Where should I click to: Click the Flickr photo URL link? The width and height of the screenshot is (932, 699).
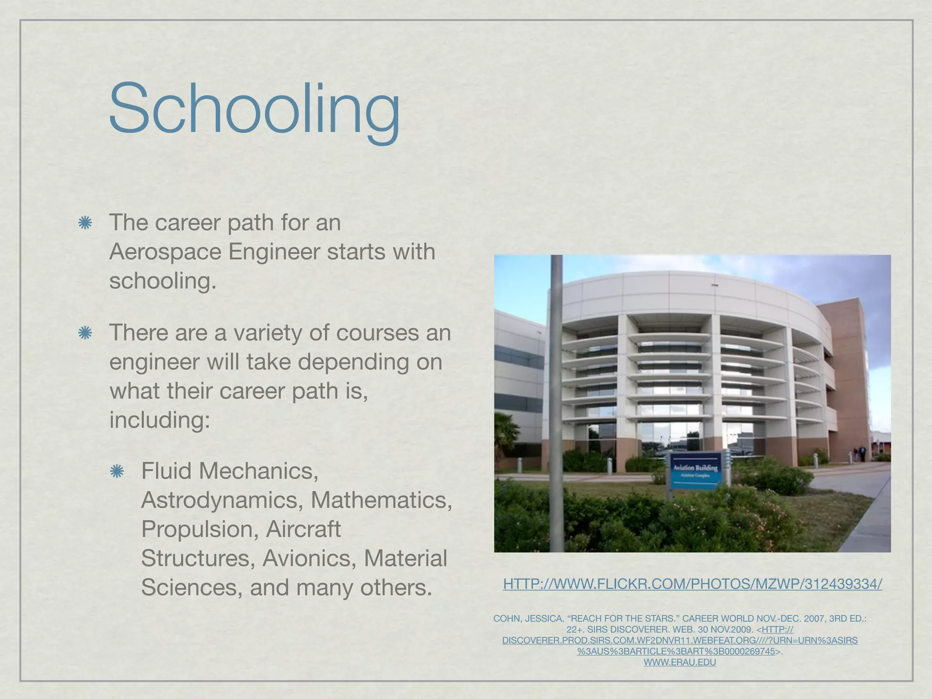[692, 584]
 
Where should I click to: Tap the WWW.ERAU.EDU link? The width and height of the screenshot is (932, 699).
[679, 662]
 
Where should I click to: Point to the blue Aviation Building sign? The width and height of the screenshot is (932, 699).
[695, 470]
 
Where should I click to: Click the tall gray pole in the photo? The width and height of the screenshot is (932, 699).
[556, 400]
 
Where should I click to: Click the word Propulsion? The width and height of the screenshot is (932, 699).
[197, 529]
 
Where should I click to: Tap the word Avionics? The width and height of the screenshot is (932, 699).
[309, 558]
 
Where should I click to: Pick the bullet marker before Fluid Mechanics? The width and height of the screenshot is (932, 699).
[117, 471]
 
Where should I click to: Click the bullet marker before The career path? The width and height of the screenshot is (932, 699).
[85, 223]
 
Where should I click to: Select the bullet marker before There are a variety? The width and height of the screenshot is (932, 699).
[85, 333]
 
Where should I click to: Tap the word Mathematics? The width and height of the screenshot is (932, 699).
[381, 500]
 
